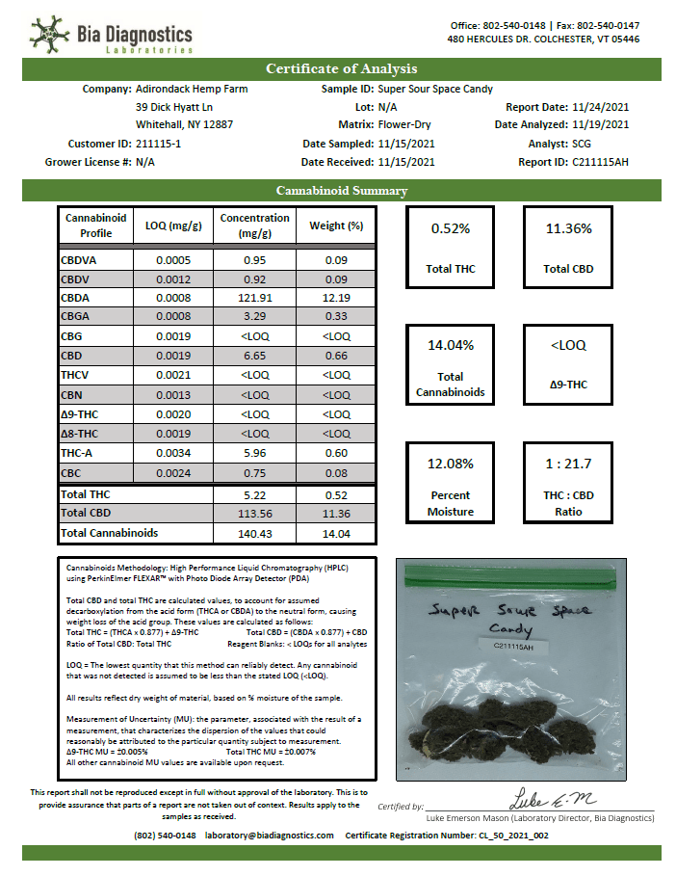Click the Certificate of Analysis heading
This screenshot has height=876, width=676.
[x=341, y=68]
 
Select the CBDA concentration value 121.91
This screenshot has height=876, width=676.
[x=254, y=298]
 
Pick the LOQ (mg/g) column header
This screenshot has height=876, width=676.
[x=173, y=226]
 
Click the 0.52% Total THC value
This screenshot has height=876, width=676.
[x=451, y=228]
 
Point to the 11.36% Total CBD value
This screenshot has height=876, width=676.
[x=568, y=228]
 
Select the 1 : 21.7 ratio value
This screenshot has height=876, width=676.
[x=568, y=463]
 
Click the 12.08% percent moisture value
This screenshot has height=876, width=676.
[x=451, y=463]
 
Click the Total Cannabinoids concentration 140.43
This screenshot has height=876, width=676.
[x=254, y=532]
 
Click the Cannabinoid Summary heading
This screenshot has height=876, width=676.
[x=341, y=191]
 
